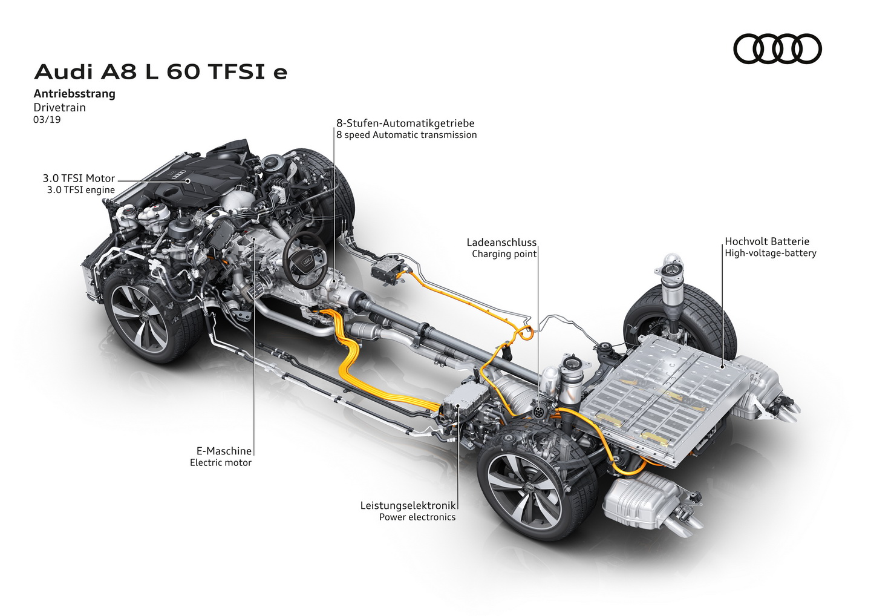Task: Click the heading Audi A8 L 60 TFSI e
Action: [161, 73]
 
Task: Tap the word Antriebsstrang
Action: [74, 94]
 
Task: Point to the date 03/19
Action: [47, 119]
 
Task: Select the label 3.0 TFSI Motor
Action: [79, 179]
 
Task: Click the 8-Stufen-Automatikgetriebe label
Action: [405, 123]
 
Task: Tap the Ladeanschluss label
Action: [501, 242]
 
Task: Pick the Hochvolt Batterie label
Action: [767, 241]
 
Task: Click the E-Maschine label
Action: [224, 451]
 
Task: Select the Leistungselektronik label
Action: [408, 505]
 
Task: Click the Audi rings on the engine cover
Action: [180, 176]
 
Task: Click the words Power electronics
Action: [417, 517]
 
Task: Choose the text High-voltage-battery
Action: [771, 253]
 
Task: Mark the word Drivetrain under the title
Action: [59, 107]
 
